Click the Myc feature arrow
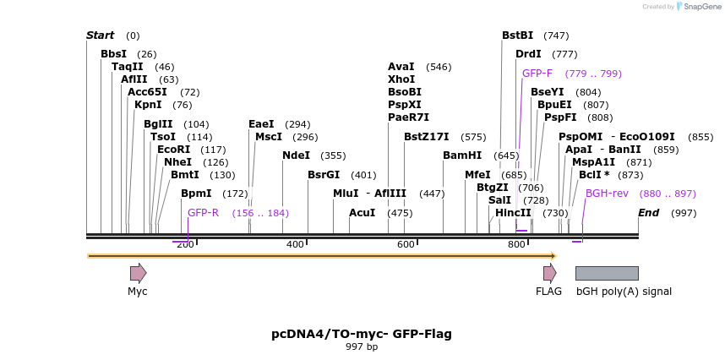138,273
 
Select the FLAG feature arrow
549,273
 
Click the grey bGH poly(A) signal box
607,273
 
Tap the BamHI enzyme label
462,155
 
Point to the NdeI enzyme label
296,155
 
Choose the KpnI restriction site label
150,106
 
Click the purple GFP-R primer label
203,213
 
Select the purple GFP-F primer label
537,74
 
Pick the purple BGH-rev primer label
607,194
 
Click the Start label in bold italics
100,35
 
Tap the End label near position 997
648,213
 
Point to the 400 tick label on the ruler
295,245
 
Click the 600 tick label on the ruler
406,245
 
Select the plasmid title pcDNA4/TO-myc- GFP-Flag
362,334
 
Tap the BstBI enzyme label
517,35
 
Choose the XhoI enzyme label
401,79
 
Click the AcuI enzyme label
362,213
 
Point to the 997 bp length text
362,347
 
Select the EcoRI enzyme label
174,150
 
